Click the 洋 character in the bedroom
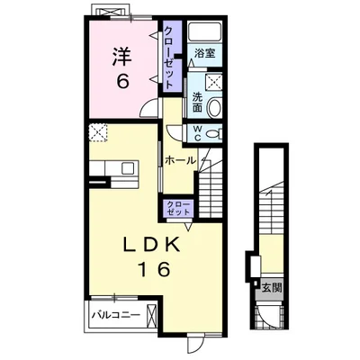[x=122, y=58]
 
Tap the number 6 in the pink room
[x=122, y=80]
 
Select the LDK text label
[x=152, y=245]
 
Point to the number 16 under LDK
[x=154, y=269]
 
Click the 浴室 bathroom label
[x=205, y=53]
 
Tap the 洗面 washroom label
[x=197, y=103]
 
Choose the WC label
[x=197, y=132]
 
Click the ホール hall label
[x=180, y=161]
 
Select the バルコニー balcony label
[x=116, y=315]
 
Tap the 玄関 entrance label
[x=272, y=288]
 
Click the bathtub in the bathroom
[x=205, y=31]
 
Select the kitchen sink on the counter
[x=128, y=167]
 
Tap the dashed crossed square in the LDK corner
[x=98, y=132]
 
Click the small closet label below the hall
[x=178, y=209]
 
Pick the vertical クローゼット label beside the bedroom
[x=169, y=57]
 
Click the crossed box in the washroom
[x=213, y=82]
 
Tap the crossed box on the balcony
[x=152, y=315]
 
